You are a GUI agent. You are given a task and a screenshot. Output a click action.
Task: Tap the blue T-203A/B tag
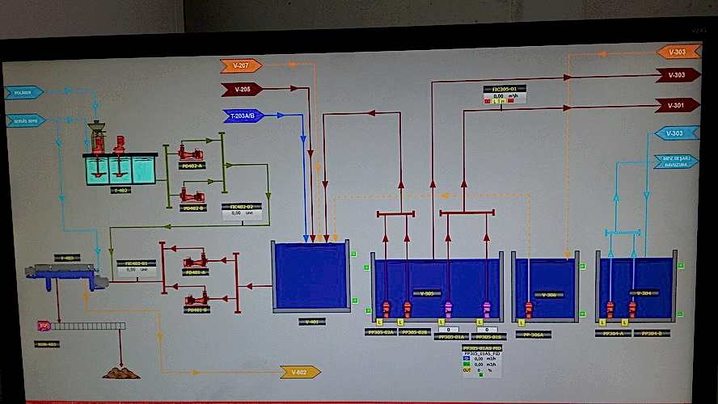pos(243,116)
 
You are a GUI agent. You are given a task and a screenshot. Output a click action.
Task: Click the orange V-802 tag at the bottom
pos(300,372)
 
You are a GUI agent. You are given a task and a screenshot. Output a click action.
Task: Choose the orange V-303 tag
pos(678,52)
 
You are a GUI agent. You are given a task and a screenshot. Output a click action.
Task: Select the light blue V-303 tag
pos(676,133)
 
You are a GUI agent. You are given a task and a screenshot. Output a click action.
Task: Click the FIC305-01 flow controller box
pos(505,94)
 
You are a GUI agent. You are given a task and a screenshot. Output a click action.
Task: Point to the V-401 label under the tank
pos(311,321)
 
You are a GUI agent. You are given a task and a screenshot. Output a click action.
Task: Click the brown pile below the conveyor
pos(120,372)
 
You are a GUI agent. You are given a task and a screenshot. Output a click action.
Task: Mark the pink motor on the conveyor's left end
pos(44,326)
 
